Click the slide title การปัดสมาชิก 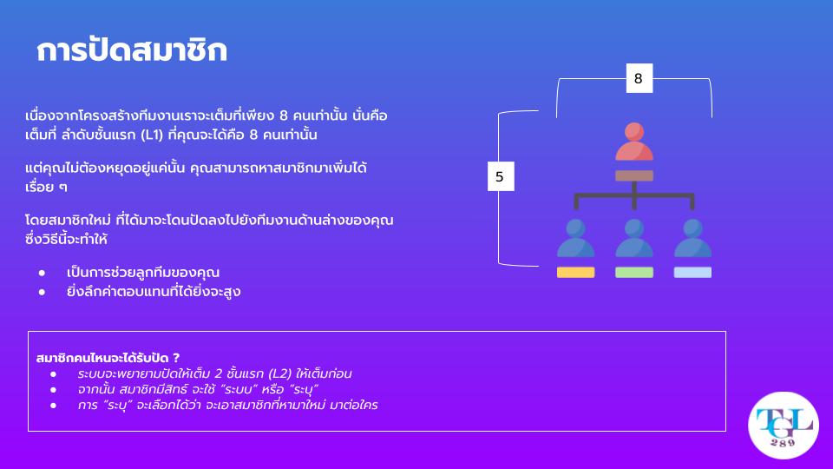click(132, 50)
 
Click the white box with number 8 click(640, 78)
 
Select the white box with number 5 click(501, 176)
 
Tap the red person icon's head click(634, 132)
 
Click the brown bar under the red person click(634, 175)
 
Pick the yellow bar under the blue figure click(576, 272)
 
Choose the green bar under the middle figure click(634, 272)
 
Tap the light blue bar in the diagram click(692, 272)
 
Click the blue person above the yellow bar click(576, 238)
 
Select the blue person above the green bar click(634, 238)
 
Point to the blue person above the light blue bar click(692, 238)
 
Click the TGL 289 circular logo click(783, 426)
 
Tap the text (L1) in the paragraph click(153, 135)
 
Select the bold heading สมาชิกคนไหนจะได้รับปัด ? click(108, 358)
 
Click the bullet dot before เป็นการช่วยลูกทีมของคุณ click(42, 273)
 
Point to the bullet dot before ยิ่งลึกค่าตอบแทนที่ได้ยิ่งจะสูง click(42, 292)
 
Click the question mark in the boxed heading click(176, 358)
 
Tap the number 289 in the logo click(783, 442)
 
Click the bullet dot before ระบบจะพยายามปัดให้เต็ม click(53, 374)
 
